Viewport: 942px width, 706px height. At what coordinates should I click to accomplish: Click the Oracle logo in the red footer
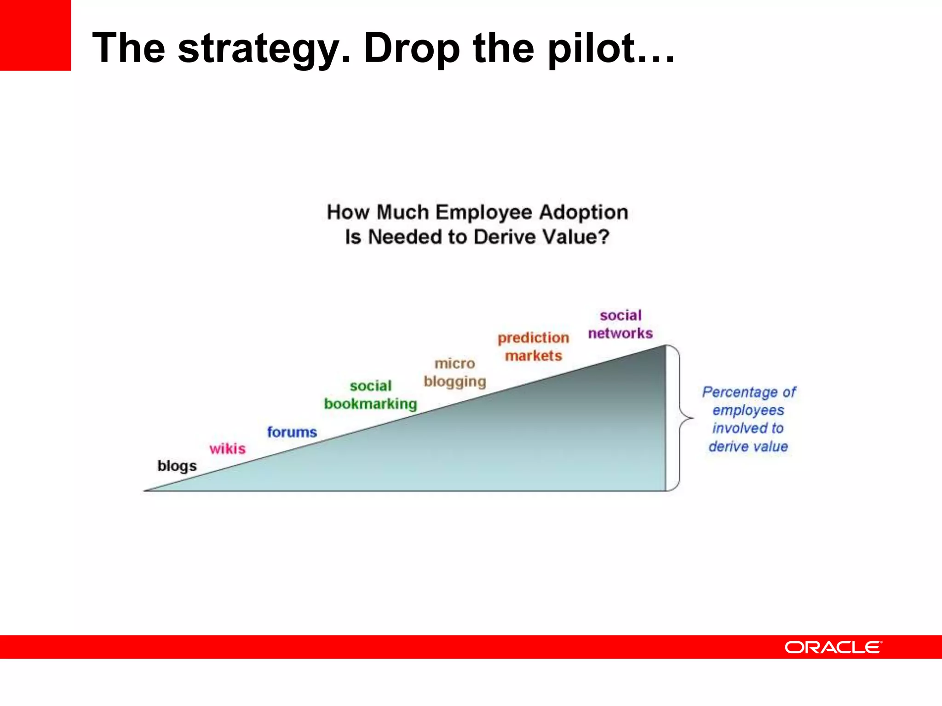[833, 647]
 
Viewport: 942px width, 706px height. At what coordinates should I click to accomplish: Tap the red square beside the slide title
[35, 35]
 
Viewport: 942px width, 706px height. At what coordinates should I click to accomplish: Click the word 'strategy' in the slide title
[264, 49]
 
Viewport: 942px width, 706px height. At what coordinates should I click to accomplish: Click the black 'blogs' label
[177, 466]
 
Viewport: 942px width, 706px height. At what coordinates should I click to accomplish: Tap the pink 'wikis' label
[228, 448]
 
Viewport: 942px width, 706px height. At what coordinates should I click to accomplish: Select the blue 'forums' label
[292, 432]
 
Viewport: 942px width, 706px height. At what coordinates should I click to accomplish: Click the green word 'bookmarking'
[371, 404]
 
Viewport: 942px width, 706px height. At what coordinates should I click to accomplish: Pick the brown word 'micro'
[455, 364]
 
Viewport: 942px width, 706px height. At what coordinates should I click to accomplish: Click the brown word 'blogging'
[455, 382]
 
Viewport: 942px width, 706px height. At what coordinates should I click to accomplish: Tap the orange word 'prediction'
[534, 338]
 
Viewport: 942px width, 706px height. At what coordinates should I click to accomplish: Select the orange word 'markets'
[534, 356]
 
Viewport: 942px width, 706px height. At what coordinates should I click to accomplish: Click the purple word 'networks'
[620, 333]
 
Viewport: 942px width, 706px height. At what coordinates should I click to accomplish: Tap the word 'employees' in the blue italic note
[748, 410]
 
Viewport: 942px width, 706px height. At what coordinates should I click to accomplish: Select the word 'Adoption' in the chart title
[583, 212]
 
